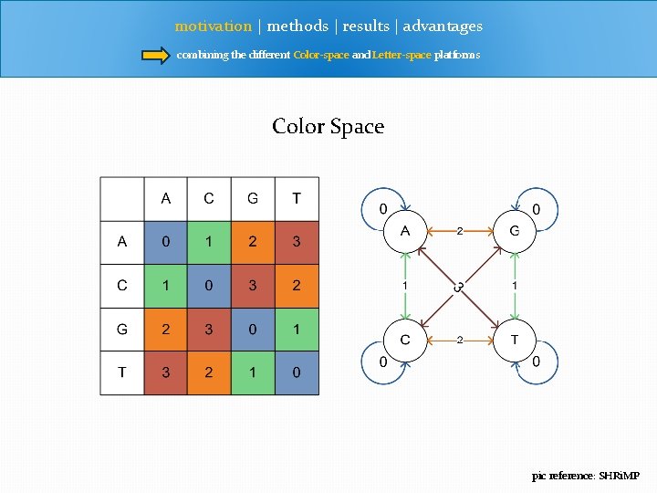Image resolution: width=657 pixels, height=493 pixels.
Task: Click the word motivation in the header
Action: coord(213,26)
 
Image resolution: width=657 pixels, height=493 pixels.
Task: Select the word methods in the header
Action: coord(297,26)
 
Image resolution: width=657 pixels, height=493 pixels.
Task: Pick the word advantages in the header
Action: coord(443,26)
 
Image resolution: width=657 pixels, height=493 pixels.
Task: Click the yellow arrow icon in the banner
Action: coord(156,55)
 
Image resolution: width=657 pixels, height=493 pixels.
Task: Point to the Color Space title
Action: coord(328,126)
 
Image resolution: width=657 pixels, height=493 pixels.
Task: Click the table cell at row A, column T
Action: coord(297,242)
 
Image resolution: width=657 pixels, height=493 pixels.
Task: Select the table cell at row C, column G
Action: coord(253,286)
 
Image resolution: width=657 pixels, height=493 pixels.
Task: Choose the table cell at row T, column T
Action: coord(297,372)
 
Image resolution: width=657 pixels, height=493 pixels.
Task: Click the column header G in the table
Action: coord(253,198)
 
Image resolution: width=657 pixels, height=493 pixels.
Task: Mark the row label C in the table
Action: coord(122,286)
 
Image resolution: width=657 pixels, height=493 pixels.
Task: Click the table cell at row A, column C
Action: coord(209,242)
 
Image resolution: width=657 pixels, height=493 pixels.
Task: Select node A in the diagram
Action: coord(405,232)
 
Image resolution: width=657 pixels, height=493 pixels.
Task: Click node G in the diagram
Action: coord(515,232)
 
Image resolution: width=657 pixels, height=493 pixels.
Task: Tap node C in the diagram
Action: coord(405,341)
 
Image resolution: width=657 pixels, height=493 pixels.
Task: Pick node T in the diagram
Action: coord(515,341)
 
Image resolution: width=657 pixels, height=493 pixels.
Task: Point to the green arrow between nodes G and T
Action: coord(515,286)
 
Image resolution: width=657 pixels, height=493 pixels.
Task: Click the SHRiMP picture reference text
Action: coord(587,476)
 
